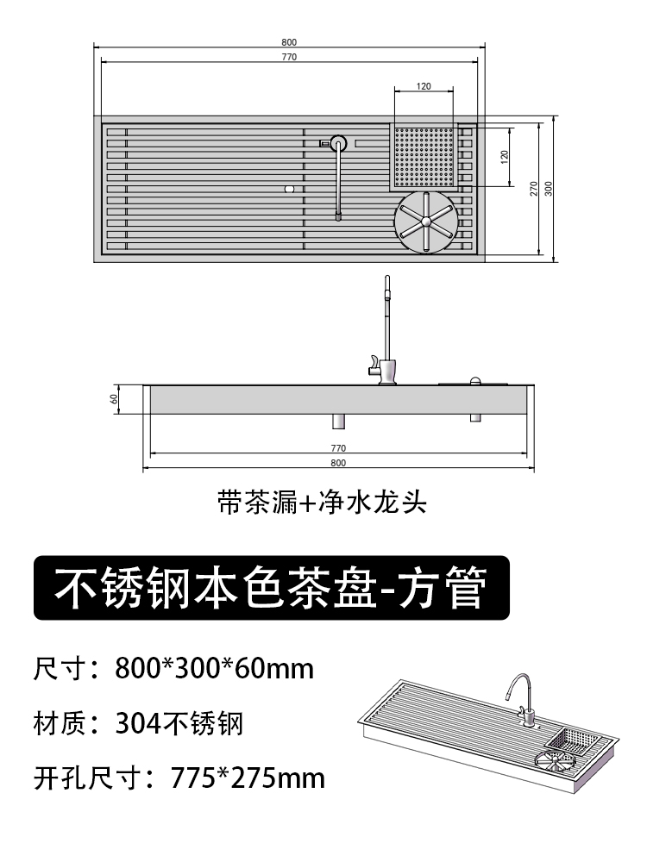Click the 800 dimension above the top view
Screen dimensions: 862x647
pyautogui.click(x=288, y=43)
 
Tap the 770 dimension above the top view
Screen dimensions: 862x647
pyautogui.click(x=288, y=57)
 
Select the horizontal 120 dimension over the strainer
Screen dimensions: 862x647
pyautogui.click(x=424, y=86)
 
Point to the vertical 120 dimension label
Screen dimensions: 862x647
pyautogui.click(x=505, y=156)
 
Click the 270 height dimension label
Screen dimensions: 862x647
pyautogui.click(x=534, y=188)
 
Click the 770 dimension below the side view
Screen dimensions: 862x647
pyautogui.click(x=338, y=448)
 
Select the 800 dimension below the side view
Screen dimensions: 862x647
pyautogui.click(x=338, y=463)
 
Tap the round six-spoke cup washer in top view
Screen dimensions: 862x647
pyautogui.click(x=424, y=222)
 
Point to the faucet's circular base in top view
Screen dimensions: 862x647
pyautogui.click(x=338, y=143)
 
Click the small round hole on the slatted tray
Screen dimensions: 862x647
pyautogui.click(x=290, y=187)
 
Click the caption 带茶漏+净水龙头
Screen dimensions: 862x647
pyautogui.click(x=323, y=502)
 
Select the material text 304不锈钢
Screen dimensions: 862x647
pyautogui.click(x=179, y=723)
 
